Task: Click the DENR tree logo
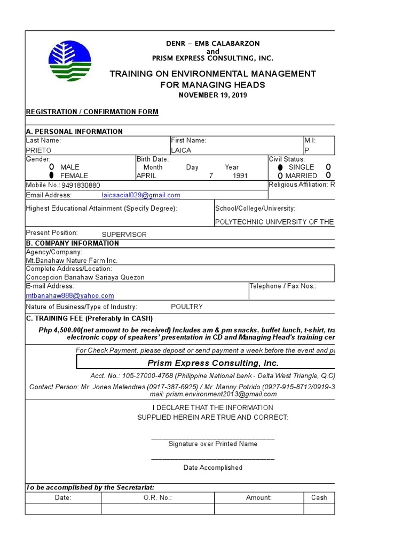[69, 61]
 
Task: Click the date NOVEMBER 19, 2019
[212, 95]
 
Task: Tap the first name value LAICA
[181, 150]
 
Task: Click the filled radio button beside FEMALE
[52, 175]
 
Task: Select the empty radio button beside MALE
[52, 167]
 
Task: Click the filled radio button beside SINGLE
[280, 167]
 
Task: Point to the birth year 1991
[240, 175]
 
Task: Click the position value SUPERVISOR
[124, 234]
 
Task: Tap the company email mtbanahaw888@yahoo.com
[70, 295]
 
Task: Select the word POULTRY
[186, 307]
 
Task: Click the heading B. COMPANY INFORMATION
[73, 243]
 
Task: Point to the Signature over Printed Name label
[212, 444]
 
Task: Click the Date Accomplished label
[212, 468]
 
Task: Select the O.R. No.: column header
[157, 497]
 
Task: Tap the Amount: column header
[258, 497]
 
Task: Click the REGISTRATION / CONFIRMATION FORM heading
[92, 111]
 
